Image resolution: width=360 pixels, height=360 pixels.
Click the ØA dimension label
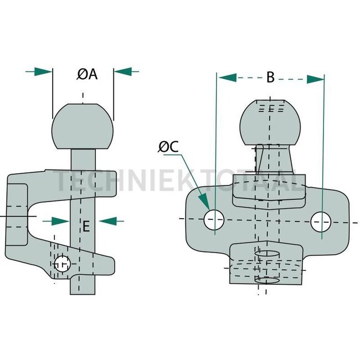pyautogui.click(x=87, y=74)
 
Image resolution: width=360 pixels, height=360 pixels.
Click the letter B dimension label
pyautogui.click(x=270, y=78)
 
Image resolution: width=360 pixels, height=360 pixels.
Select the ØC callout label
pyautogui.click(x=168, y=147)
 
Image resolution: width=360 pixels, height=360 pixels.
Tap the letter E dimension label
pyautogui.click(x=86, y=225)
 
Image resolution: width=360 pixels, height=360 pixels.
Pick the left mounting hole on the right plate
pyautogui.click(x=213, y=219)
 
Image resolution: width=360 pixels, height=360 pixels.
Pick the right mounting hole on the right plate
pyautogui.click(x=322, y=222)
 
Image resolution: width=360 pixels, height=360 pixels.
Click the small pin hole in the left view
pyautogui.click(x=62, y=264)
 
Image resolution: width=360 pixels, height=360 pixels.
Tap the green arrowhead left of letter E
pyautogui.click(x=60, y=221)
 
